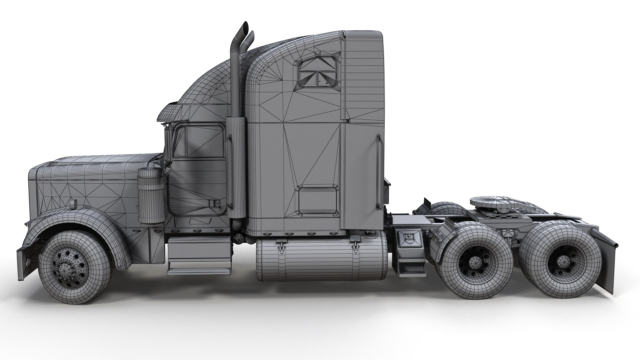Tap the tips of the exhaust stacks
coord(247,30)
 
